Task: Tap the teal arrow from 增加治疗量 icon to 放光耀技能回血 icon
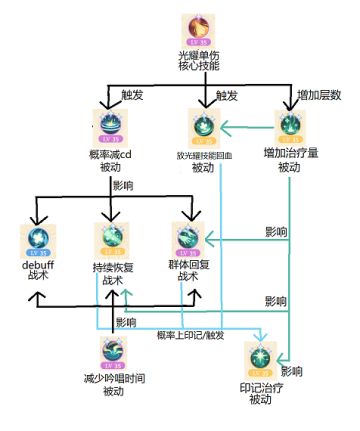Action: (x=247, y=126)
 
